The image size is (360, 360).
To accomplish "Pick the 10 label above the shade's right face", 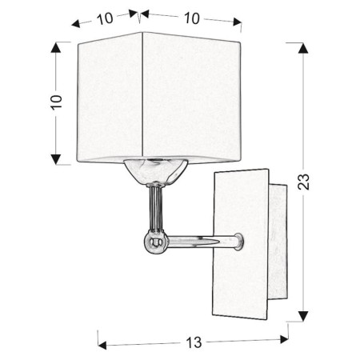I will click(x=190, y=18).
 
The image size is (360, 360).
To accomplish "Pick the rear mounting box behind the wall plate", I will click(x=277, y=248).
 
